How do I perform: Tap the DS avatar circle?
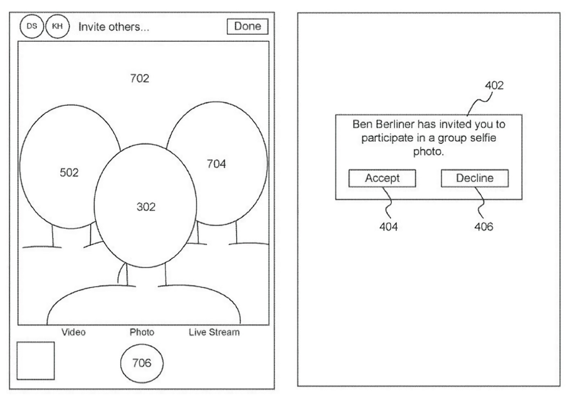32,27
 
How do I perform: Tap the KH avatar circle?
57,27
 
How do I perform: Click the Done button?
247,27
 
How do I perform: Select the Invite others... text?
114,27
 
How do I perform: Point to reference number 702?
140,78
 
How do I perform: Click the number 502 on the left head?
69,173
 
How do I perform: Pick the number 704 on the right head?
216,164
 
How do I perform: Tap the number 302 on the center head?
146,207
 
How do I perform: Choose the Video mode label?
74,332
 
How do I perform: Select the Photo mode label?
142,332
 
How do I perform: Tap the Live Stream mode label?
214,332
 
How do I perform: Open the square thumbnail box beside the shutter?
36,361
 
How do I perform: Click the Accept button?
382,178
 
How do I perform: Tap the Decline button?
475,178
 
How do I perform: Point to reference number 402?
494,86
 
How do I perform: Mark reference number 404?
388,227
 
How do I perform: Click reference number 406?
484,227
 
